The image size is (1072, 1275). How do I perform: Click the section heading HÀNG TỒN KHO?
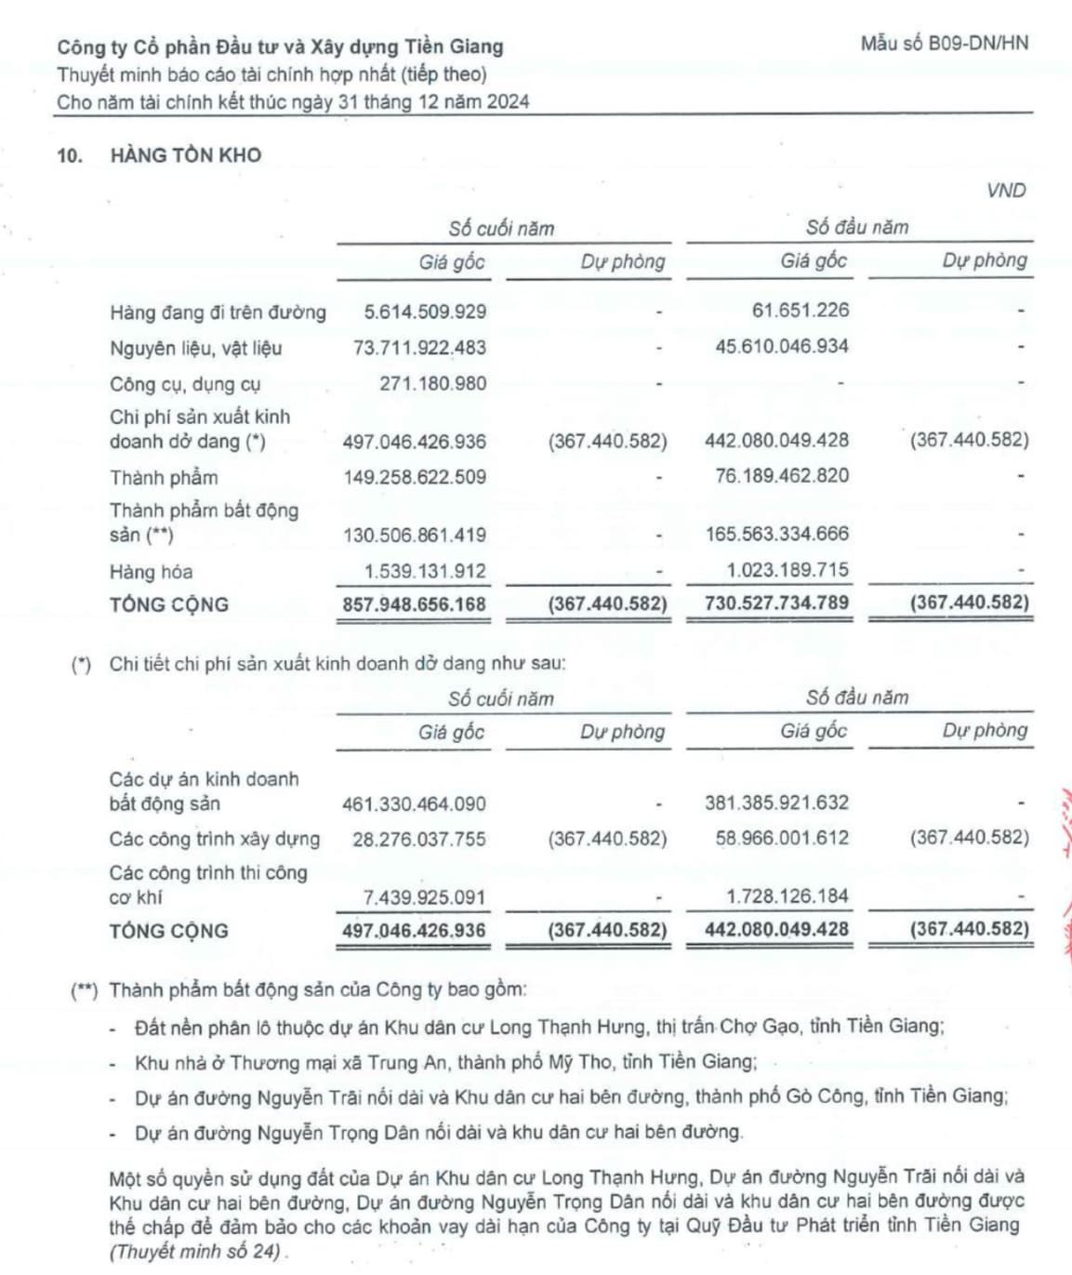(x=185, y=155)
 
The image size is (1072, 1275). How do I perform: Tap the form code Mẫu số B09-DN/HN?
(x=944, y=43)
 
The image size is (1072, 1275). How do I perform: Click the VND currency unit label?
(x=1006, y=191)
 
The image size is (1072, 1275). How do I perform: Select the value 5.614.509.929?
(x=425, y=312)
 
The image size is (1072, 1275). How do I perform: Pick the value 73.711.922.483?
(x=419, y=348)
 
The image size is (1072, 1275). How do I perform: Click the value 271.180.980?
(x=432, y=383)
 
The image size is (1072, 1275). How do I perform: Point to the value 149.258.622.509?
(x=414, y=477)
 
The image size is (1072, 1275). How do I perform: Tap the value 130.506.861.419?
(x=414, y=535)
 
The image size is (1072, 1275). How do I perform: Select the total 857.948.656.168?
(x=414, y=604)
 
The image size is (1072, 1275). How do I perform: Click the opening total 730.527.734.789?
(x=776, y=603)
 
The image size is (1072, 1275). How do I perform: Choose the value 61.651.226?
(x=801, y=311)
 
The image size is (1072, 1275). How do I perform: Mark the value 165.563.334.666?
(x=776, y=534)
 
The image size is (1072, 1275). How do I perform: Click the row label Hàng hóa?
(x=151, y=572)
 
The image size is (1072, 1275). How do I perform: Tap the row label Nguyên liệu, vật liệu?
(x=195, y=348)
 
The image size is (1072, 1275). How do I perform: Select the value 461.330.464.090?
(x=414, y=804)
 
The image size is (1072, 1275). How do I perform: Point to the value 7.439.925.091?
(x=424, y=897)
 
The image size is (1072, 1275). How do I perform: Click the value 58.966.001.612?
(x=782, y=838)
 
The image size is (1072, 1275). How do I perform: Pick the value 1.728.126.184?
(x=787, y=896)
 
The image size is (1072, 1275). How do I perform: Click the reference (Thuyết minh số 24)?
(x=195, y=1251)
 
